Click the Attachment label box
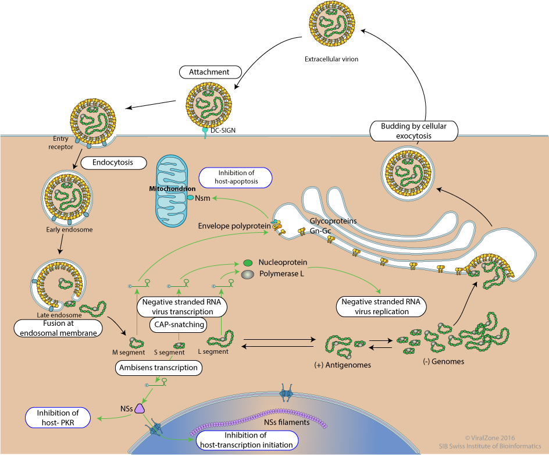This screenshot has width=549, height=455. coord(209,72)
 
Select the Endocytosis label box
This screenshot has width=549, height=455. coord(115,162)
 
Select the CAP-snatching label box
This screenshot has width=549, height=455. coord(177,324)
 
